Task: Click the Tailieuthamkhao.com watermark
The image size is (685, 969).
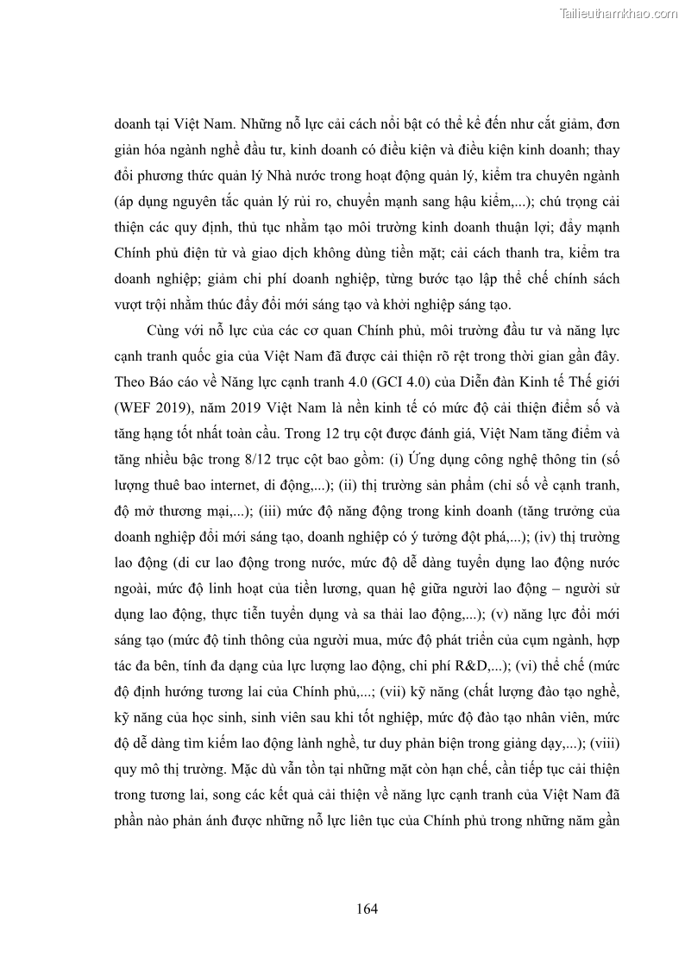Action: [619, 14]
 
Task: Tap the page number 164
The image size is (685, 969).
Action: [367, 909]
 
